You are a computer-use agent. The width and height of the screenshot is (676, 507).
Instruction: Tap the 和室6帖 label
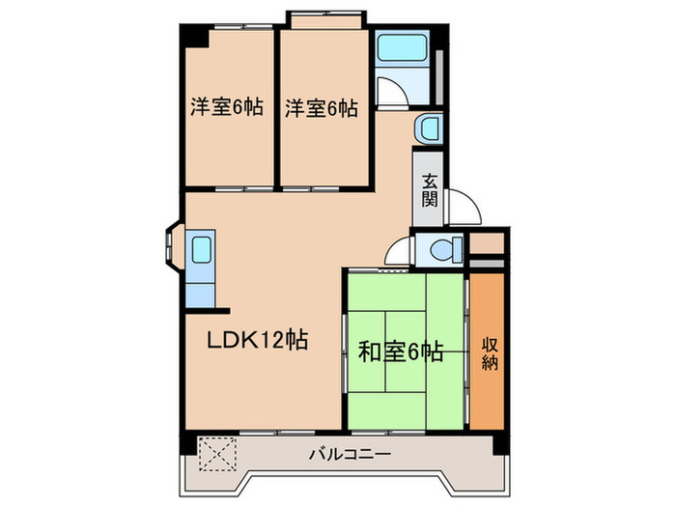pos(401,352)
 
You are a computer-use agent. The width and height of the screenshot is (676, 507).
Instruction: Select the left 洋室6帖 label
pos(224,108)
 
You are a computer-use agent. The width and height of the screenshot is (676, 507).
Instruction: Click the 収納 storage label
pos(487,352)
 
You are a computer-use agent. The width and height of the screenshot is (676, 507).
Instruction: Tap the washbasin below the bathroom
pos(429,128)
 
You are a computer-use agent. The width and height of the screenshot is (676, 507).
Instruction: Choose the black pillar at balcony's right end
pos(500,445)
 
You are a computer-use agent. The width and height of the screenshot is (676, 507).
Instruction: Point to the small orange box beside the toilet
pos(488,242)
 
